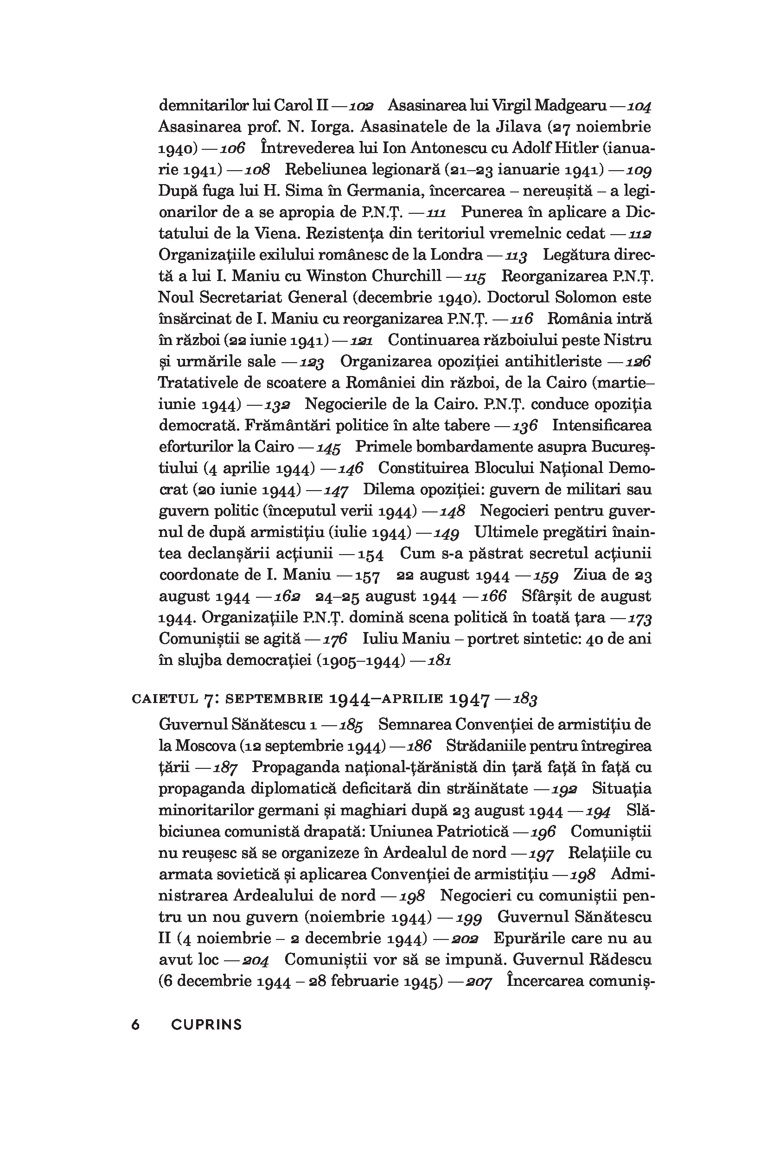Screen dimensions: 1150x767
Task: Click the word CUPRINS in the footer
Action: (206, 1025)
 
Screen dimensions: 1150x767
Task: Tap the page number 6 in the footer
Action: (135, 1025)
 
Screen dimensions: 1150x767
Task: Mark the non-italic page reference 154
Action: (371, 554)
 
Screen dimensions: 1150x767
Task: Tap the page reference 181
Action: (439, 661)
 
